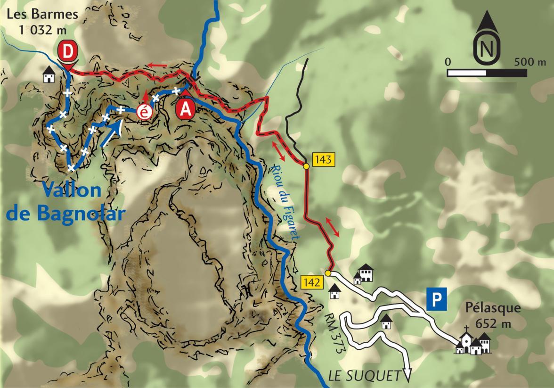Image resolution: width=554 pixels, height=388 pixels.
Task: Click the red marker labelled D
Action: pyautogui.click(x=68, y=52)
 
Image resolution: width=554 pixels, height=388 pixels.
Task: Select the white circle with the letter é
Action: pyautogui.click(x=144, y=113)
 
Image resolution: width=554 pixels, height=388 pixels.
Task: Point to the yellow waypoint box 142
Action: pyautogui.click(x=312, y=283)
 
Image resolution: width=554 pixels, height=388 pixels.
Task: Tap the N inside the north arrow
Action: pyautogui.click(x=487, y=48)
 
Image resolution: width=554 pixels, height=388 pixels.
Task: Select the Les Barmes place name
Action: pyautogui.click(x=42, y=14)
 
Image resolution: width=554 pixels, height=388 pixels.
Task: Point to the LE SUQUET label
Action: pyautogui.click(x=365, y=376)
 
